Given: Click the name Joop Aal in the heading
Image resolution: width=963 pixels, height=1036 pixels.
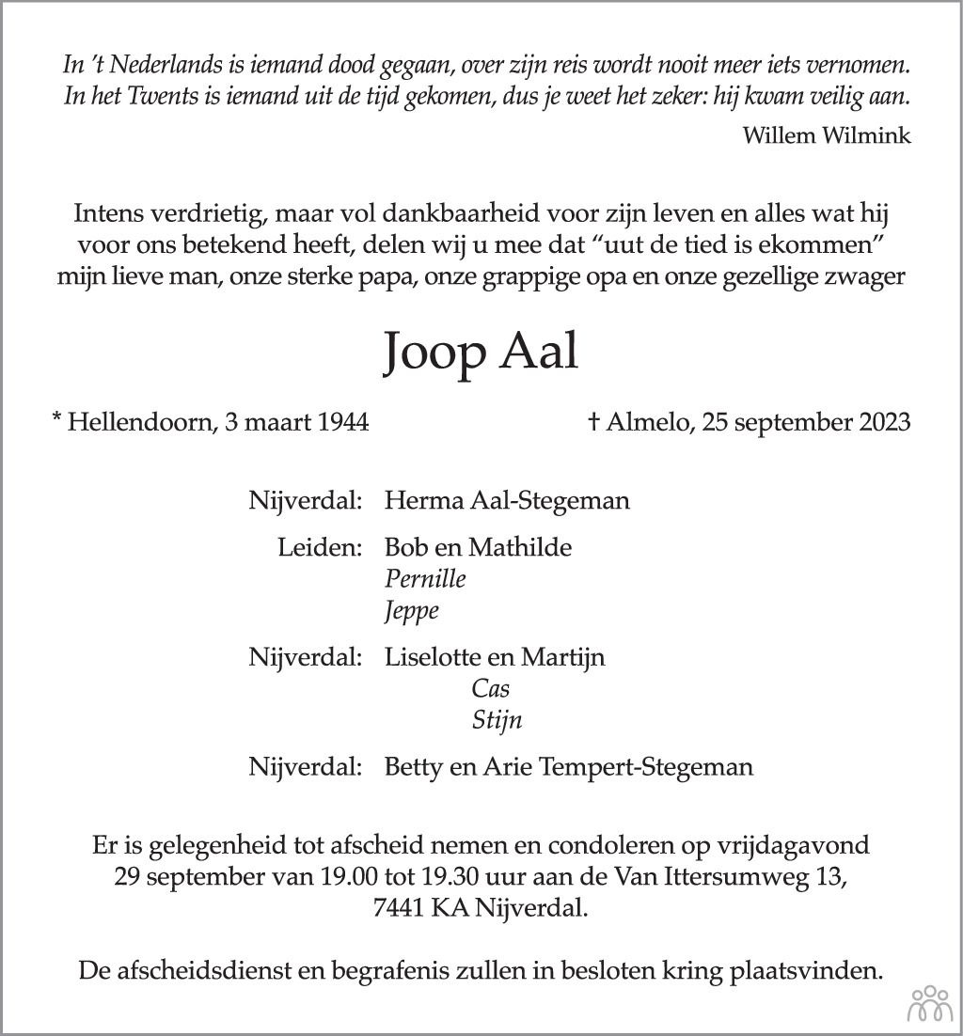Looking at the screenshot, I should coord(481,353).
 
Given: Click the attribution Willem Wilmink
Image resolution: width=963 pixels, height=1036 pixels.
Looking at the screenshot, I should coord(827,135).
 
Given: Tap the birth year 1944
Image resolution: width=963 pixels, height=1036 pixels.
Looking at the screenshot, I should coord(341,422).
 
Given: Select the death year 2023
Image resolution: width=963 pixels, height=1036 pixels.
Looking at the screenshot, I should coord(883,422).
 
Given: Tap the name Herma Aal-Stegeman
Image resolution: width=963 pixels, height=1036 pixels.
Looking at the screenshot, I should coord(507,500).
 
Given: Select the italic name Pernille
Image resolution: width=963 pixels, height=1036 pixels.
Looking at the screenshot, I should coord(425,579).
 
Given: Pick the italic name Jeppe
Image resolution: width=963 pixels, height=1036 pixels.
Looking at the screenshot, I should coord(412,612).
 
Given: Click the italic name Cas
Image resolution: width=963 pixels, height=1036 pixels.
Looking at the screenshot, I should coord(491,689).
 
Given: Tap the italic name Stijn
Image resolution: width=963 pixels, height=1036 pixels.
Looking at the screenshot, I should coord(497,721).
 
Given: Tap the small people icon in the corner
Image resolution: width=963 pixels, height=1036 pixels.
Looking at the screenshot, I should coord(929,1005).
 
